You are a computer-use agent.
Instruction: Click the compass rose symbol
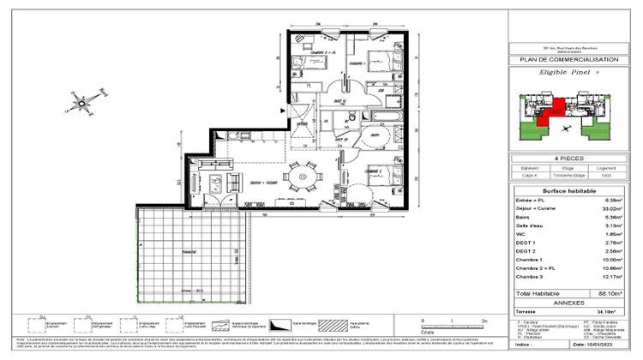click(83, 104)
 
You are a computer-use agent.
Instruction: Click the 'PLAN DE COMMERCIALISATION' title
click(568, 60)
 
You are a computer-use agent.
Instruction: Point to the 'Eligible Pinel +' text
click(568, 75)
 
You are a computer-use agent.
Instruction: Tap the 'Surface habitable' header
click(568, 190)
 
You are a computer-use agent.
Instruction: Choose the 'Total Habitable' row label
click(540, 293)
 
